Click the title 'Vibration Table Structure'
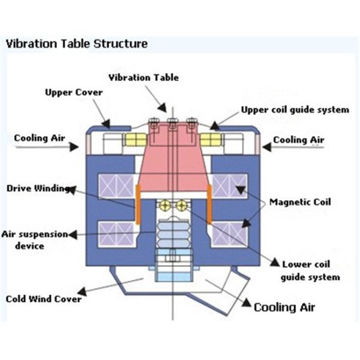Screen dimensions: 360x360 pyautogui.click(x=76, y=44)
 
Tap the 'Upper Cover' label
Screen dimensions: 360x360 pyautogui.click(x=74, y=92)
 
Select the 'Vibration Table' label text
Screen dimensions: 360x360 pyautogui.click(x=143, y=77)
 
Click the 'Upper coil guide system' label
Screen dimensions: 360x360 pyautogui.click(x=295, y=110)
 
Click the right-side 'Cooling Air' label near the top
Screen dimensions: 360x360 pyautogui.click(x=299, y=140)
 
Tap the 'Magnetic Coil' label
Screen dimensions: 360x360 pyautogui.click(x=300, y=202)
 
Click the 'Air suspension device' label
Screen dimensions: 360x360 pyautogui.click(x=34, y=240)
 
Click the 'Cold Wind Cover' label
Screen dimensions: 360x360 pyautogui.click(x=43, y=298)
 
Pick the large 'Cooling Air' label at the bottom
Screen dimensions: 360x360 pyautogui.click(x=284, y=307)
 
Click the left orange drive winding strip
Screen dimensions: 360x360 pyautogui.click(x=137, y=203)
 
